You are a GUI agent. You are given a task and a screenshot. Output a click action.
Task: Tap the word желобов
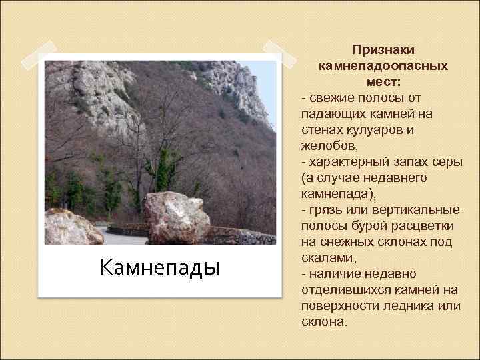(x=327, y=146)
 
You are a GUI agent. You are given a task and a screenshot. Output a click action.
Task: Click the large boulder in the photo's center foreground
(x=177, y=217)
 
